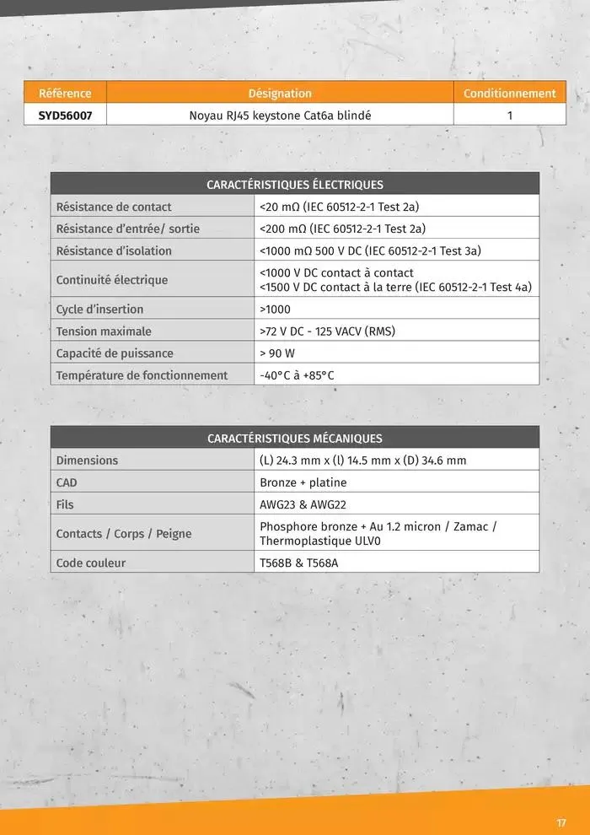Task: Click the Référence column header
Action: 65,94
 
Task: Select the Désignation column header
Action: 280,94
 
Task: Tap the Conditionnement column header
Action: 509,94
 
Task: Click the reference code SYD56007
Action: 65,116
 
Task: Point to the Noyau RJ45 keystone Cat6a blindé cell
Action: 280,116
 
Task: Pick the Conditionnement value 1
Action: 509,116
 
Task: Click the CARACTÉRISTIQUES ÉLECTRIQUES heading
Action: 295,185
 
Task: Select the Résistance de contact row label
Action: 114,207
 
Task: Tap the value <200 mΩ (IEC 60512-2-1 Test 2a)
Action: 342,229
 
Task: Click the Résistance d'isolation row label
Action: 114,250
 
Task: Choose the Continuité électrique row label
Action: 112,280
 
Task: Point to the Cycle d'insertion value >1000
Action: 276,310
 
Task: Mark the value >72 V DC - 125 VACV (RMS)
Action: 327,331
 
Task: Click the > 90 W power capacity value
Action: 277,353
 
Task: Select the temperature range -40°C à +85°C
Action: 297,375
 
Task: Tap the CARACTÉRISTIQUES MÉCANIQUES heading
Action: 295,439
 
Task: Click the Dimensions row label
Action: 87,461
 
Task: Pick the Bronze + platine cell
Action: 303,482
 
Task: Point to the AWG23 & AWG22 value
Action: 303,504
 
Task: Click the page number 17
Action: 561,823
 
